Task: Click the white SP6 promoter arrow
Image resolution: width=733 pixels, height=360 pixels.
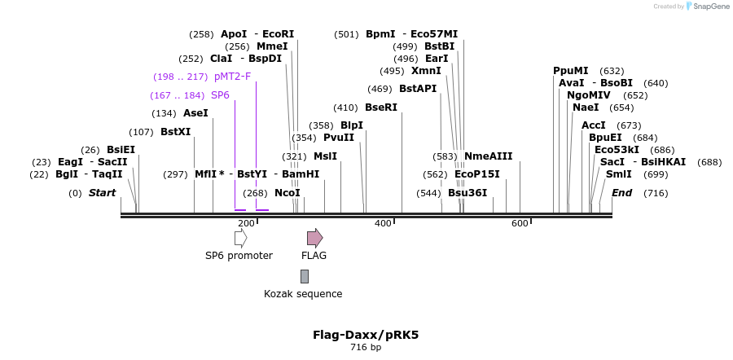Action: (x=240, y=238)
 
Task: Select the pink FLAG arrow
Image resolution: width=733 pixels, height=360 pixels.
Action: (x=314, y=238)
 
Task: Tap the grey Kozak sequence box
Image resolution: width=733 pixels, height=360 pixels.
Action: (x=305, y=276)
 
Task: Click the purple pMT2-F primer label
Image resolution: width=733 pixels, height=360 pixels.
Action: (x=232, y=77)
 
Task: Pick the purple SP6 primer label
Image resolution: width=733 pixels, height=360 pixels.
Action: (x=220, y=95)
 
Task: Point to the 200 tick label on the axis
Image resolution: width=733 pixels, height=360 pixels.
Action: (x=246, y=224)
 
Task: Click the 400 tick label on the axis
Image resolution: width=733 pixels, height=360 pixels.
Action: (x=383, y=224)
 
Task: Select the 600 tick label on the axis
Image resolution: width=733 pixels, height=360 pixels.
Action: (x=520, y=224)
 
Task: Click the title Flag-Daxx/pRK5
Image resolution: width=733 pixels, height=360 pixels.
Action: (x=366, y=335)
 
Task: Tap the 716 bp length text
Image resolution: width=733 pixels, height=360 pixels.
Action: (x=366, y=348)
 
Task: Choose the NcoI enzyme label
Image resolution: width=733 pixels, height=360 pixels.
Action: (x=287, y=193)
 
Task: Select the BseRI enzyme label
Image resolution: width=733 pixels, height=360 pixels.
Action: (x=381, y=108)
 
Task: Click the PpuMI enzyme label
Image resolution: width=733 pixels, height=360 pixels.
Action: (x=570, y=71)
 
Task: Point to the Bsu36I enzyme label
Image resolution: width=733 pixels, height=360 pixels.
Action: (x=467, y=193)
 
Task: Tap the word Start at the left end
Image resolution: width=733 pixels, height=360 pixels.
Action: (x=102, y=193)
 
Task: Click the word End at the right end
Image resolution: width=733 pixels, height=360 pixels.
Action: (x=621, y=193)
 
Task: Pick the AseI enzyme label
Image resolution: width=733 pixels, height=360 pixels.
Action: (x=195, y=113)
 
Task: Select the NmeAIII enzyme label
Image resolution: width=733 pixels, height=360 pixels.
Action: (x=488, y=156)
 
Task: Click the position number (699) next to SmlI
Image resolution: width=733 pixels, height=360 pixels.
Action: (x=656, y=174)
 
